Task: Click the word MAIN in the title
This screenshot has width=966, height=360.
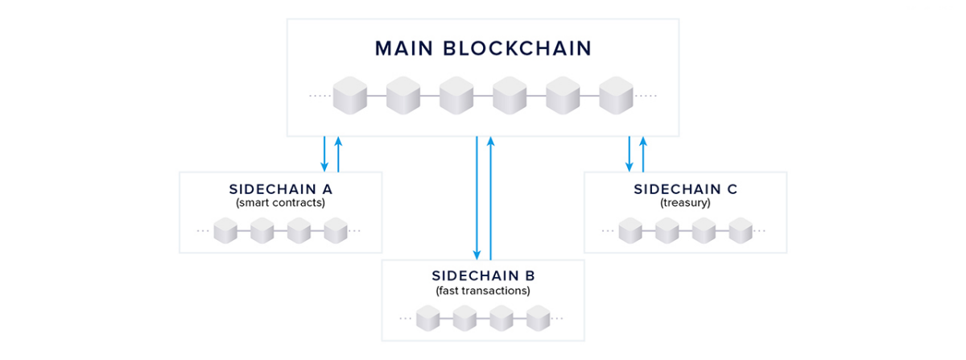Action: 403,48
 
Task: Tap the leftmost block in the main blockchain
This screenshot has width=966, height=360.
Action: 350,96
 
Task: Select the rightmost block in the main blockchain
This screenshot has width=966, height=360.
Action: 616,96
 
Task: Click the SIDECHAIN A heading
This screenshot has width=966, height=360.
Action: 280,189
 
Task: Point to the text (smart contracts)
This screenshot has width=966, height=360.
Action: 280,203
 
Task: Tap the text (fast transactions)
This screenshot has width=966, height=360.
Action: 483,290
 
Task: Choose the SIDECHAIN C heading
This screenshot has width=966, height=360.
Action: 685,189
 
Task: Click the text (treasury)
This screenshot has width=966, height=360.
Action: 685,203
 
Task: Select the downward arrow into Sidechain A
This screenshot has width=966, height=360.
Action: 324,154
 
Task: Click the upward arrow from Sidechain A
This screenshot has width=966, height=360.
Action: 338,154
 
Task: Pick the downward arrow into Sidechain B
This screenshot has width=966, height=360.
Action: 477,197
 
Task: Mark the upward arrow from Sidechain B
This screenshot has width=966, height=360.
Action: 490,197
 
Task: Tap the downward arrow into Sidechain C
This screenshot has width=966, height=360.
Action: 630,154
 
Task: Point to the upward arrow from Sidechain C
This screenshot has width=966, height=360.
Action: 643,154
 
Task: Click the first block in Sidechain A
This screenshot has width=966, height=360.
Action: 225,231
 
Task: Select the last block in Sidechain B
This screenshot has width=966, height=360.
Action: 538,318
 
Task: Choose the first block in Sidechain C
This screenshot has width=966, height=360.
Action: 630,231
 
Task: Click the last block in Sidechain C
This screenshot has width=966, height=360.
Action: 740,231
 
